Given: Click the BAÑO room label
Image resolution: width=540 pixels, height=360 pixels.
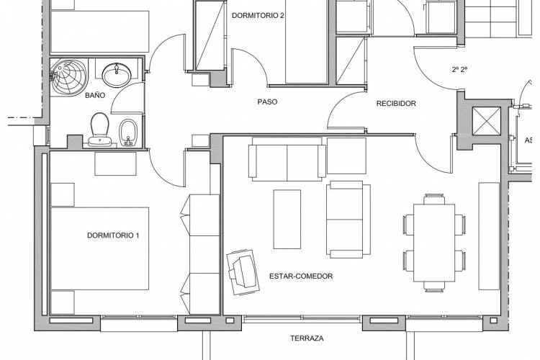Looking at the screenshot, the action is click(95, 96).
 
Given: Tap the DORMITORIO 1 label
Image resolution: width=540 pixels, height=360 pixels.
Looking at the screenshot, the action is click(113, 235).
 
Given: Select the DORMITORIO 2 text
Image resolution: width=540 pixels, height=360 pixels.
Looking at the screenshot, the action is click(258, 16).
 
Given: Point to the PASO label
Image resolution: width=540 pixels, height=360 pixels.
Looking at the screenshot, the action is click(267, 102).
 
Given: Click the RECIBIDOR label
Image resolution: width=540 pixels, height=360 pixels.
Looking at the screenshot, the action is click(396, 104).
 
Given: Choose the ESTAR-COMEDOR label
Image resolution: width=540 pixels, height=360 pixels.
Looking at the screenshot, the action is click(301, 276).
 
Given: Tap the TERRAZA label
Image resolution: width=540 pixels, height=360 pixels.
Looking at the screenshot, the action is click(307, 338).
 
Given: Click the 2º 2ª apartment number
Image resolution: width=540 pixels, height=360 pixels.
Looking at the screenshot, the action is click(459, 70).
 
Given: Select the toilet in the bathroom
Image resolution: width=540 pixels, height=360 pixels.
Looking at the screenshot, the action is click(100, 130).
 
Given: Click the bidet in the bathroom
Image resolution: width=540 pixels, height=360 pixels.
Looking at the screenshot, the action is click(128, 132).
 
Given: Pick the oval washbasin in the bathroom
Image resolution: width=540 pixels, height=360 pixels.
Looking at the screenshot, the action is click(117, 75).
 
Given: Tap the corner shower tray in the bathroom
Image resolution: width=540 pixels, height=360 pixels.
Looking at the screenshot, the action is click(69, 76).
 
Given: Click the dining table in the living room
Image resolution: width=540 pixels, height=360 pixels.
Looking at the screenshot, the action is click(434, 243).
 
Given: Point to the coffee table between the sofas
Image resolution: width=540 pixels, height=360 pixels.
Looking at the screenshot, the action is click(287, 219).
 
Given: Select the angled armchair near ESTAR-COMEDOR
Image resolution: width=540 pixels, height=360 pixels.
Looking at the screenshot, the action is click(243, 272).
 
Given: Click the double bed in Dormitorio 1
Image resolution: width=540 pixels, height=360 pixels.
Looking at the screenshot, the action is click(100, 248).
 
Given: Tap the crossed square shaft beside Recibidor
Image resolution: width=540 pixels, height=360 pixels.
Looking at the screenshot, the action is click(486, 121).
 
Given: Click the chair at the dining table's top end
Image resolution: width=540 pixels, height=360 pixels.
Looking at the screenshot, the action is click(434, 199).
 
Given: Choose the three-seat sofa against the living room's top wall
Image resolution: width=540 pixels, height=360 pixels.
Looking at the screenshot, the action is click(287, 159).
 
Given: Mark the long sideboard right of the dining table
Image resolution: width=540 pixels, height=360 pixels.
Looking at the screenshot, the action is click(489, 236).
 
